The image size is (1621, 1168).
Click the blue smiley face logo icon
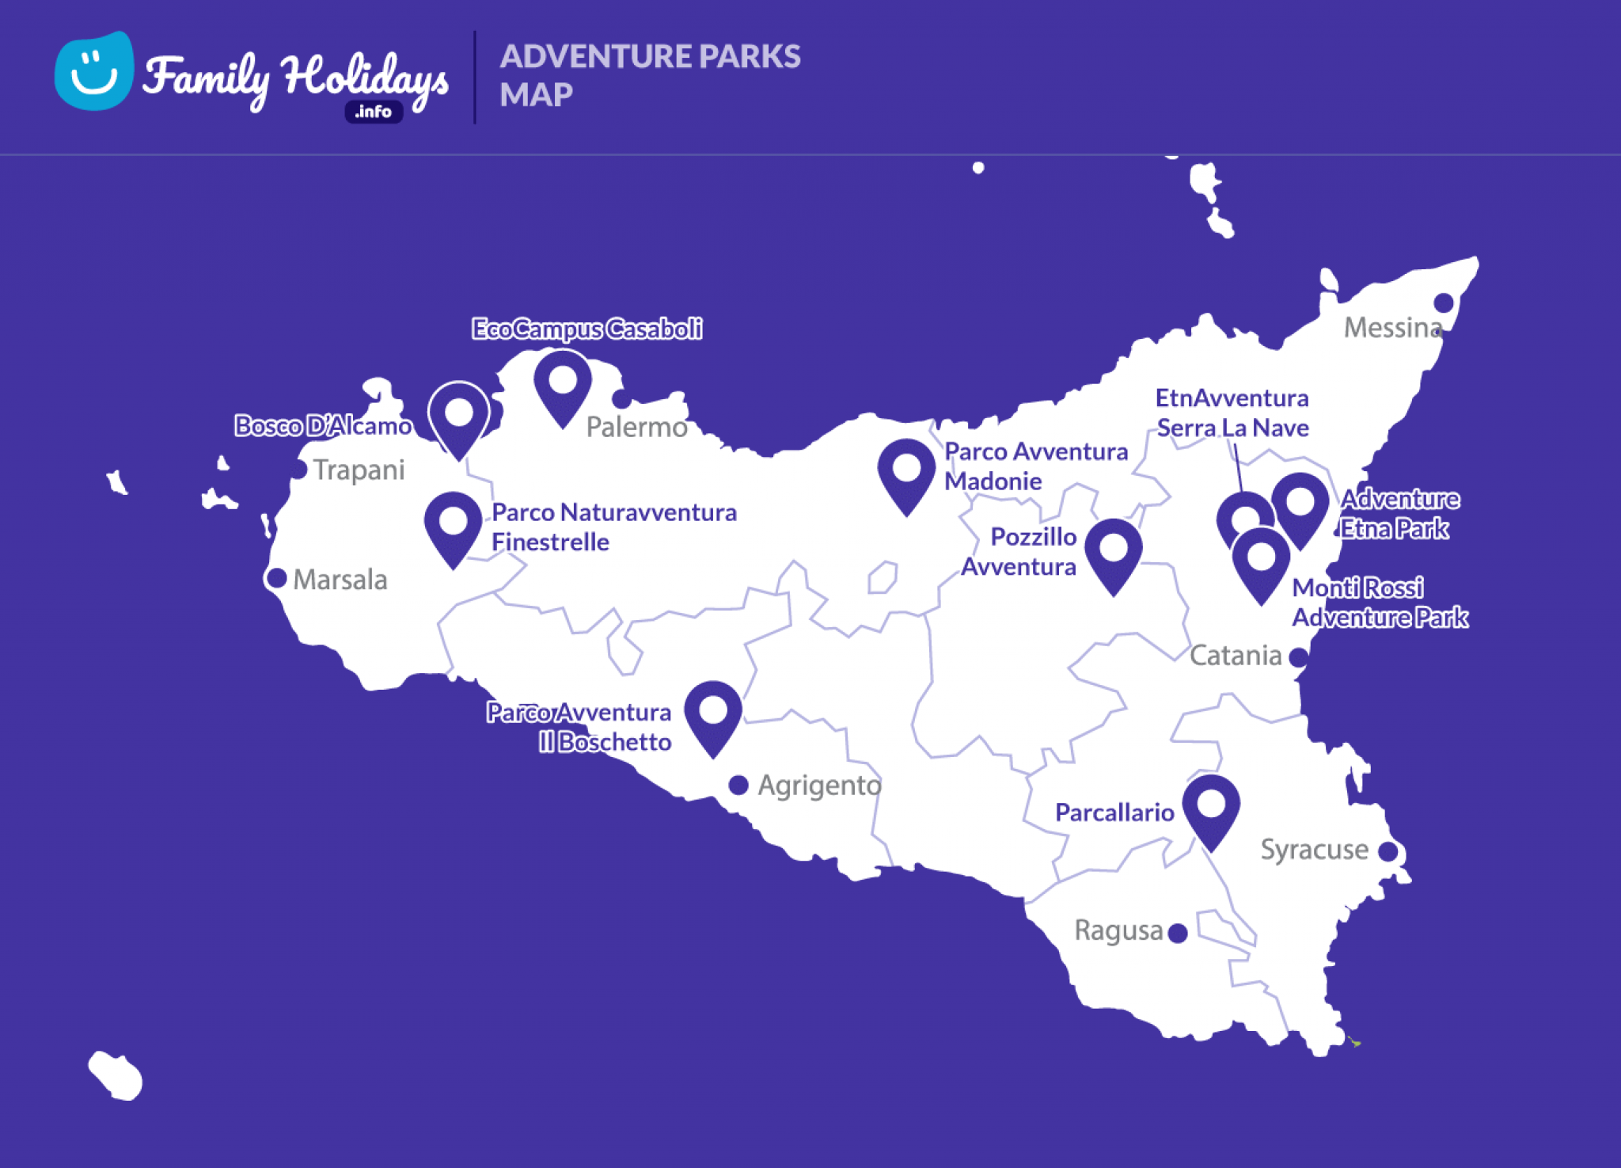coord(93,71)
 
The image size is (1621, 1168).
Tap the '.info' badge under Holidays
coord(374,112)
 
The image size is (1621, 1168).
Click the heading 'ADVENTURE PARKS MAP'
coord(649,75)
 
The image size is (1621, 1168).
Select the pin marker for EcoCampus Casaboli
coord(563,384)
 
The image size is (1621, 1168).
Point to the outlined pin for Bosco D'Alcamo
coord(459,416)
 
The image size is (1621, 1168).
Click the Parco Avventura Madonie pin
coord(907,473)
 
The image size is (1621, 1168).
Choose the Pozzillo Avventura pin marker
coord(1114,552)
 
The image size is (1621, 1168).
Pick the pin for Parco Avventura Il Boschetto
coord(713,714)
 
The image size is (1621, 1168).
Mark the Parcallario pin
coord(1211,808)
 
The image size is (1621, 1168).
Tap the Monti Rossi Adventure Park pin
coord(1262,561)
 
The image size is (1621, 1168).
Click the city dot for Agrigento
coord(738,785)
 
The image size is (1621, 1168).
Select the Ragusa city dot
coord(1178,933)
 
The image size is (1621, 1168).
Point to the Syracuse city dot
coord(1388,851)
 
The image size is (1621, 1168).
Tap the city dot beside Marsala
coord(276,578)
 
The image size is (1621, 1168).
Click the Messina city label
coord(1391,328)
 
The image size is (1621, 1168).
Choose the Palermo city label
coord(637,428)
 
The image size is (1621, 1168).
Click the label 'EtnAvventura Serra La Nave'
coord(1232,413)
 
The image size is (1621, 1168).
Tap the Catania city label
coord(1236,656)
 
